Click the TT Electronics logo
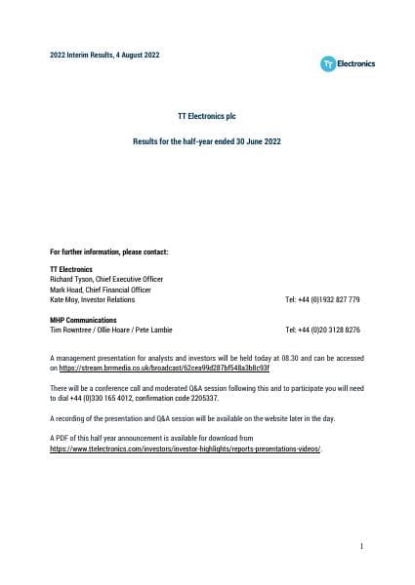pyautogui.click(x=348, y=63)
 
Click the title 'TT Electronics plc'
pyautogui.click(x=207, y=116)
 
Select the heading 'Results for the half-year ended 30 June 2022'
pyautogui.click(x=207, y=142)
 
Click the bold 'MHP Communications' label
pyautogui.click(x=83, y=320)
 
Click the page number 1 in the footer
pyautogui.click(x=360, y=548)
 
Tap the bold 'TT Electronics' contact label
pyautogui.click(x=71, y=268)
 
